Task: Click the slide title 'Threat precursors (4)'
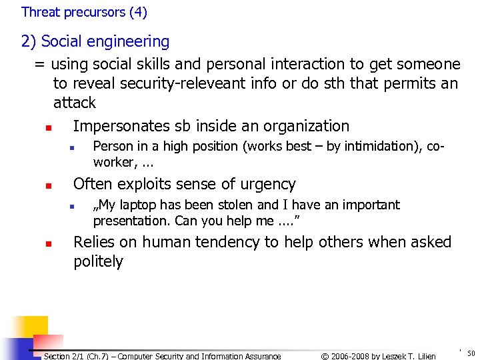(x=84, y=12)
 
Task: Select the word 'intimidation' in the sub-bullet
(x=385, y=146)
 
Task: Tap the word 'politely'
(x=98, y=261)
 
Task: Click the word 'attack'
(x=75, y=103)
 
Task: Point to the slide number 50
(x=471, y=353)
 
